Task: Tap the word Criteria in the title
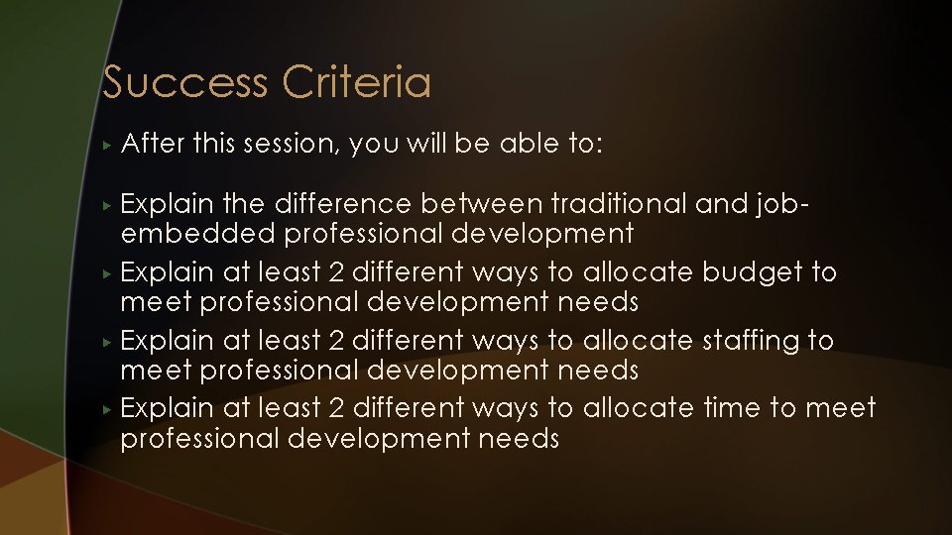pyautogui.click(x=356, y=82)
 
